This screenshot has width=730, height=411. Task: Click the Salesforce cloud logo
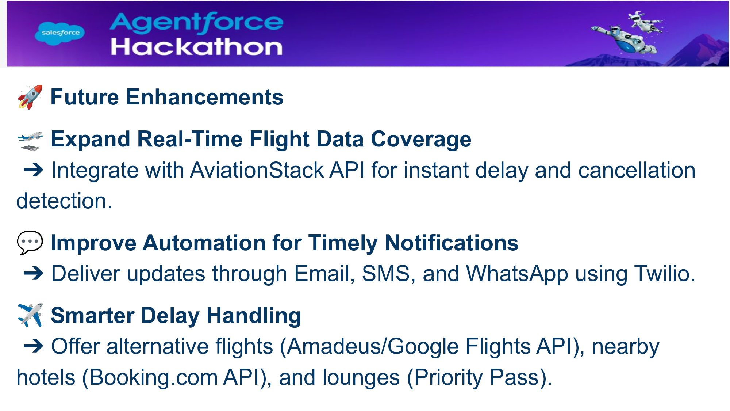(x=60, y=33)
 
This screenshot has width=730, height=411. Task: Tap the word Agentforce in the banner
(x=196, y=23)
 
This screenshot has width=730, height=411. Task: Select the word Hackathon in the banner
(x=197, y=47)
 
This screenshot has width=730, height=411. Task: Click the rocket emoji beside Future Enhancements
(x=30, y=97)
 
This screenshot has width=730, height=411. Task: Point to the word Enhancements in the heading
(x=204, y=97)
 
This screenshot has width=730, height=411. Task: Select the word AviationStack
(x=257, y=170)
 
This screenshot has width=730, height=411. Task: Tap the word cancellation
(x=637, y=170)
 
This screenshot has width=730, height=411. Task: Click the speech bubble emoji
(x=30, y=243)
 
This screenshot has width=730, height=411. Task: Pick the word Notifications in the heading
(x=452, y=243)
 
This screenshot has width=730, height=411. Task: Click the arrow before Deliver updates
(x=34, y=273)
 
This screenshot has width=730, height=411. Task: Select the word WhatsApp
(x=517, y=274)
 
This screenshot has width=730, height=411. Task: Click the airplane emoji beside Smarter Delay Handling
(x=30, y=315)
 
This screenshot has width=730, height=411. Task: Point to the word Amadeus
(x=333, y=346)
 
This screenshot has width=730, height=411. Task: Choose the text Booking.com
(x=153, y=377)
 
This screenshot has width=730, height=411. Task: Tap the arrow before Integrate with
(x=34, y=170)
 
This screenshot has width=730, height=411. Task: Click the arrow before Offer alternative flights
(x=34, y=346)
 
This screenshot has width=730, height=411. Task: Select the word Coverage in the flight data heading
(x=421, y=140)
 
